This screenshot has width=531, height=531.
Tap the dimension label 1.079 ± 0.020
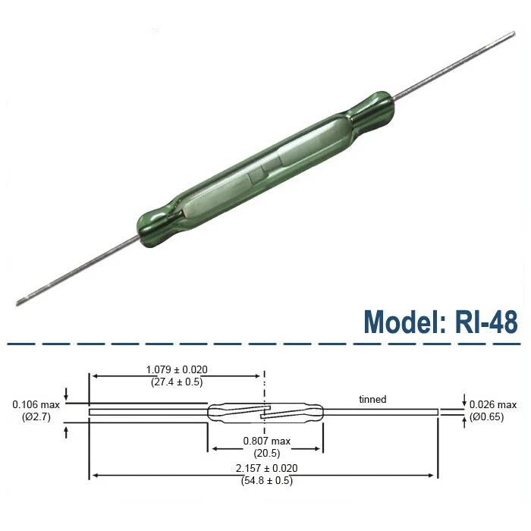tap(177, 369)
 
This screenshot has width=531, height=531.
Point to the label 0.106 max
tap(32, 404)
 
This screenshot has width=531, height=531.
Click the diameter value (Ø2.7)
tap(32, 416)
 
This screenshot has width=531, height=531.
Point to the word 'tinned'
tap(372, 399)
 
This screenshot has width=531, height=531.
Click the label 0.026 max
tap(493, 404)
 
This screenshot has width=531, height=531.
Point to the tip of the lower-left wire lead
tap(18, 303)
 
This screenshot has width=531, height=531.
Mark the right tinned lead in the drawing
tap(379, 412)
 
